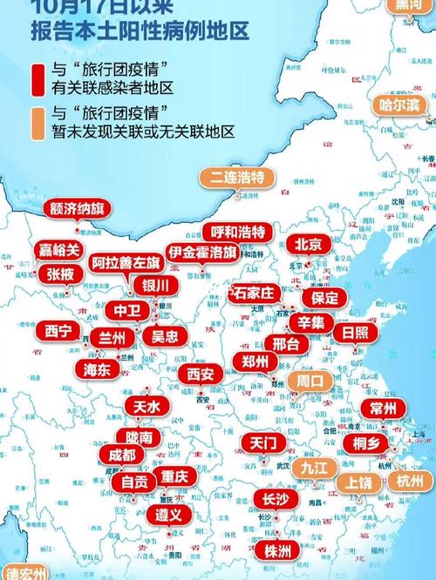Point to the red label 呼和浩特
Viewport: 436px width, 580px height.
pos(238,232)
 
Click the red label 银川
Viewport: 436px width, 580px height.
pos(154,286)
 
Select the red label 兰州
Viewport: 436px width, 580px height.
pos(112,337)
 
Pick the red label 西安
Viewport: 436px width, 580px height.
pos(200,374)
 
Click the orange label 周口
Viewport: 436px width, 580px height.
pos(309,381)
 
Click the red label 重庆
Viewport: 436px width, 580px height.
pos(174,477)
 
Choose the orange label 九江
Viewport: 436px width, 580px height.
pos(315,467)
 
